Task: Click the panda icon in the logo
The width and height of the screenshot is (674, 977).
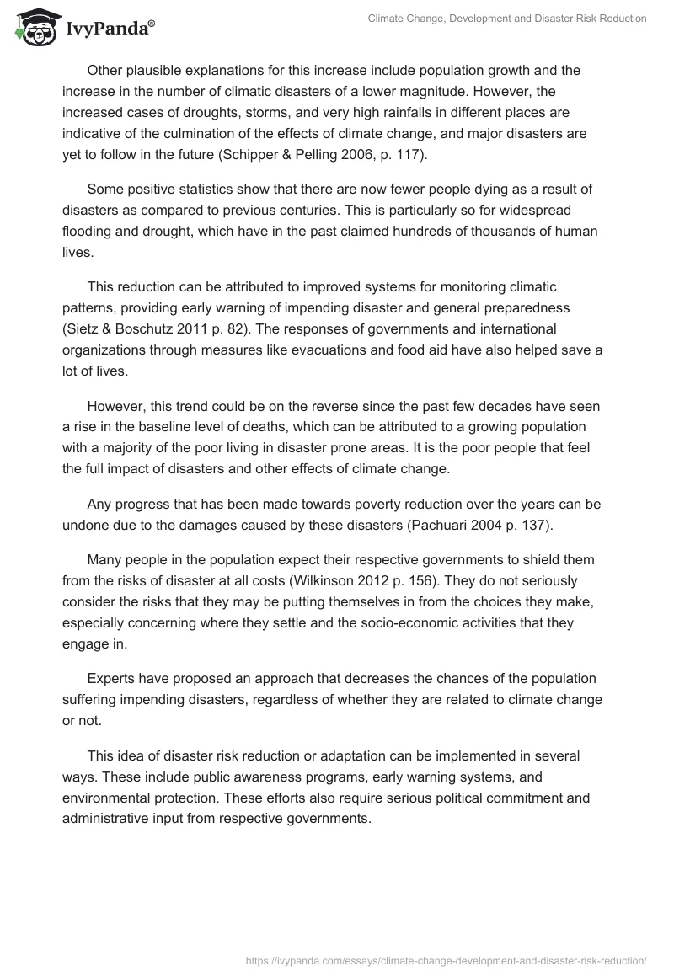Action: point(33,29)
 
